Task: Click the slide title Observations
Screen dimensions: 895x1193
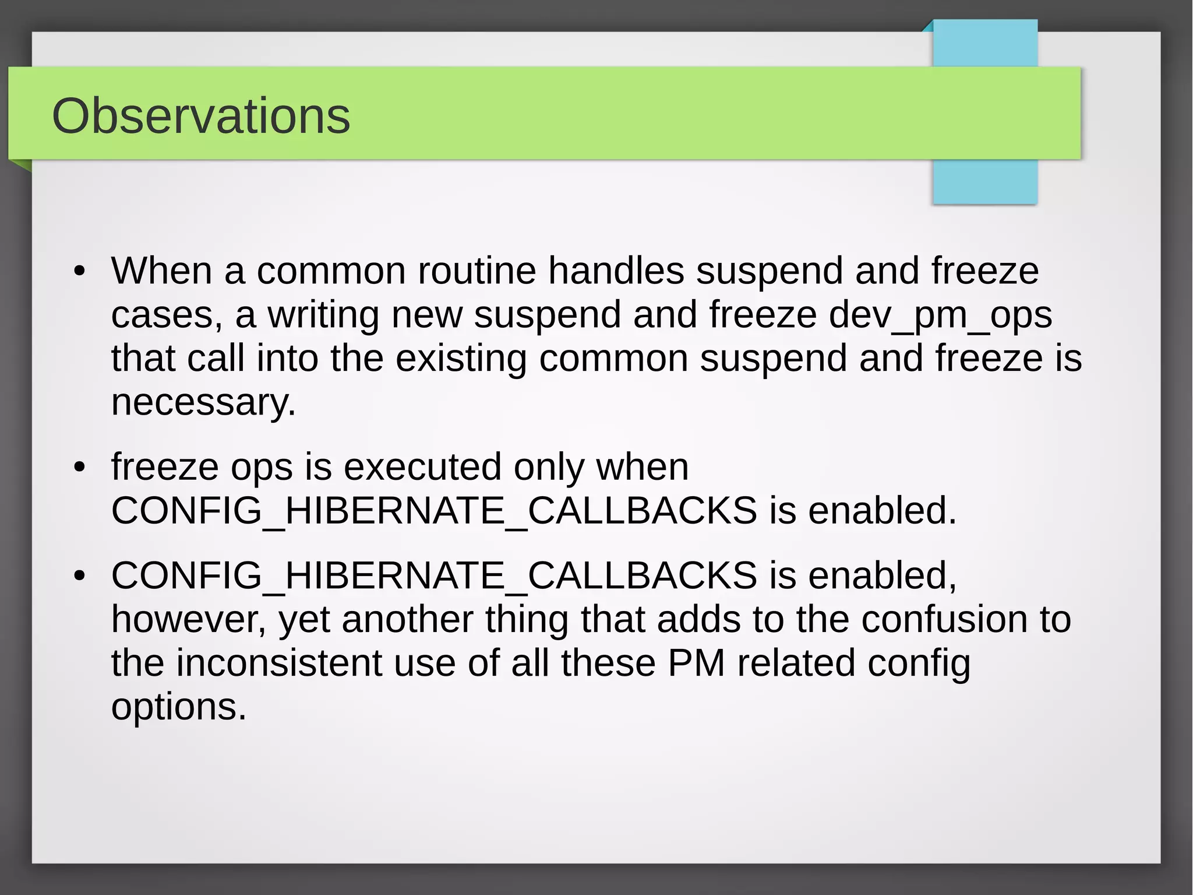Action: (201, 116)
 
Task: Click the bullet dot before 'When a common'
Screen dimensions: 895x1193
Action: (80, 271)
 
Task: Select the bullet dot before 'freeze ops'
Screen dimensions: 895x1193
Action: (80, 467)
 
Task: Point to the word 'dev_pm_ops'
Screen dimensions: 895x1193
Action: (940, 315)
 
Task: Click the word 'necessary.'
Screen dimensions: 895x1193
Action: (203, 402)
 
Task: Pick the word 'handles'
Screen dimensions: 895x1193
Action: (616, 271)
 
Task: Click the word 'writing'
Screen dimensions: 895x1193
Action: (323, 315)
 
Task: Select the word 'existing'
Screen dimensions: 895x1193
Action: (461, 359)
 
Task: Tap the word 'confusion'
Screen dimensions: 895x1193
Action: (944, 619)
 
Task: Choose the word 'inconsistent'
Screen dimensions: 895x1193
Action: (279, 663)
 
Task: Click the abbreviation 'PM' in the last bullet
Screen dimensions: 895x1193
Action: (696, 663)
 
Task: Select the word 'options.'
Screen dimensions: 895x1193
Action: (179, 707)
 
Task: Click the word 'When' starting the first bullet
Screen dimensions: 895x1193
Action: (161, 271)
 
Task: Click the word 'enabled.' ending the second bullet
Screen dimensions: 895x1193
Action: (882, 511)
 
